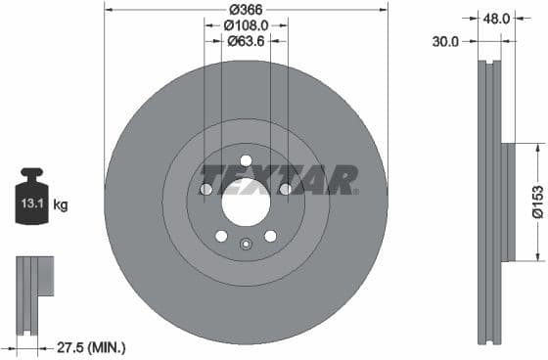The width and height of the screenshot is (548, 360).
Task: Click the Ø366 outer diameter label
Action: click(246, 9)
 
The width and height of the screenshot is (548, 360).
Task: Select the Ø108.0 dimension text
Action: click(246, 25)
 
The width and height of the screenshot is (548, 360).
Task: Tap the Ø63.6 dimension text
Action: click(246, 42)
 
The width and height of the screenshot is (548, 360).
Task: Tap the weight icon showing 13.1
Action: click(30, 202)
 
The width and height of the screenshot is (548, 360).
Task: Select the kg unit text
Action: click(61, 204)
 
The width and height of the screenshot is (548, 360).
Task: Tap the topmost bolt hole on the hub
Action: click(246, 160)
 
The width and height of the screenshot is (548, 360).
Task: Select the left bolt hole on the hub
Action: click(205, 189)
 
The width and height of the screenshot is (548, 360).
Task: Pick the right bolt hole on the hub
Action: click(285, 189)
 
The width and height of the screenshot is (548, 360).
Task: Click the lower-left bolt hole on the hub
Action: click(221, 236)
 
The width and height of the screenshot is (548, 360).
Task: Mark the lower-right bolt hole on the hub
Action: click(270, 236)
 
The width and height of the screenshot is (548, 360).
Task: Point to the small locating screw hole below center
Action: click(247, 242)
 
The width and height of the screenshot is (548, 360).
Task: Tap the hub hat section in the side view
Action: click(507, 202)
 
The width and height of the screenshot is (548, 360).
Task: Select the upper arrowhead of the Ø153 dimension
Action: click(537, 148)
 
